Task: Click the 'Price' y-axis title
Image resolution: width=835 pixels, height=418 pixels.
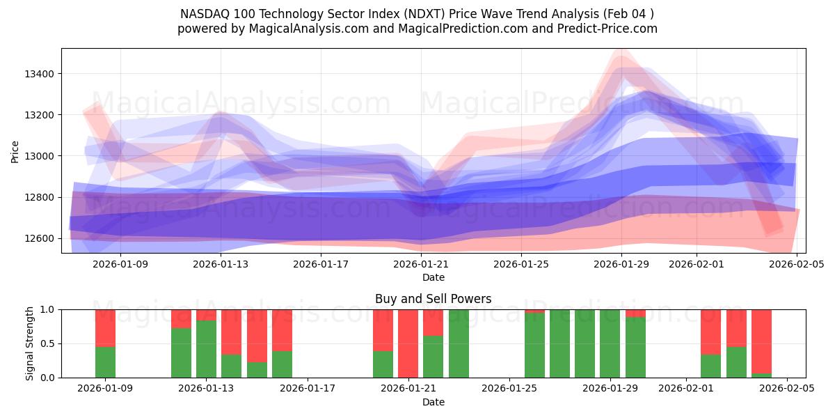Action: click(x=15, y=151)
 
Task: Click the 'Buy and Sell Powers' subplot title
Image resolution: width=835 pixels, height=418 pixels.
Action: click(x=433, y=299)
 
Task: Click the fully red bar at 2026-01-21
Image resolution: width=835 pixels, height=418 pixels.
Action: click(x=408, y=343)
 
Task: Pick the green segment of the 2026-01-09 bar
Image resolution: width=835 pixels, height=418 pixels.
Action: click(x=105, y=362)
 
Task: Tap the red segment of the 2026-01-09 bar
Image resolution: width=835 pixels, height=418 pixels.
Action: click(x=105, y=327)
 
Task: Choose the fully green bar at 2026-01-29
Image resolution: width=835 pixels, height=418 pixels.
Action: click(x=610, y=343)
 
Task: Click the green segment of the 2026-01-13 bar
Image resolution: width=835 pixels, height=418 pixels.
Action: click(x=206, y=349)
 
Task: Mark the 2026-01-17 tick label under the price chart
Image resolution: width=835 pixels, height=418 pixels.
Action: click(x=321, y=264)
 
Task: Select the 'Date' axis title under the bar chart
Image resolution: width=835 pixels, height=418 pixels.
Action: click(x=433, y=402)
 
